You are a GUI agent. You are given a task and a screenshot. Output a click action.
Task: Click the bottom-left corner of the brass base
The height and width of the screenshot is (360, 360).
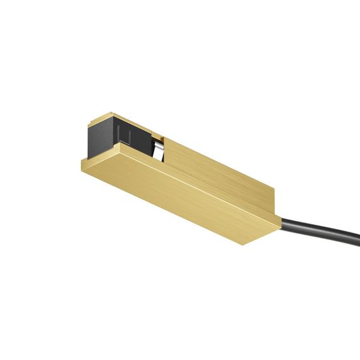pyautogui.click(x=82, y=169)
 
